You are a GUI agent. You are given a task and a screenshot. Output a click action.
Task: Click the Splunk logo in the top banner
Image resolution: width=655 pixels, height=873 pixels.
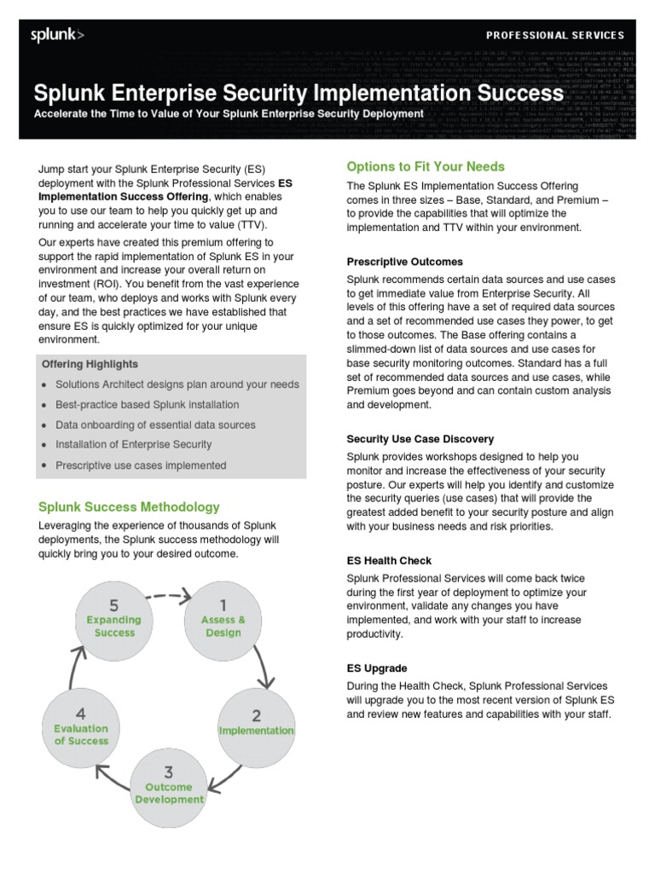pyautogui.click(x=57, y=35)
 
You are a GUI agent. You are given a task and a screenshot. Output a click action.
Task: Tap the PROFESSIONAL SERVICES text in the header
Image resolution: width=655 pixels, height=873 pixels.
pyautogui.click(x=554, y=35)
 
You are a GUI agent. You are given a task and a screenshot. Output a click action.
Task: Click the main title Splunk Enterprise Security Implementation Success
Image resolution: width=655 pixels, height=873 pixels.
pyautogui.click(x=292, y=92)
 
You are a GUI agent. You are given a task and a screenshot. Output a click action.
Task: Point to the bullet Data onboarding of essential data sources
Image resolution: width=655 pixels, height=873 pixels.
pyautogui.click(x=155, y=425)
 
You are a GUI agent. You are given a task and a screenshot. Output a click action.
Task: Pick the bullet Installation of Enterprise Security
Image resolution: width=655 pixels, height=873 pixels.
pyautogui.click(x=133, y=444)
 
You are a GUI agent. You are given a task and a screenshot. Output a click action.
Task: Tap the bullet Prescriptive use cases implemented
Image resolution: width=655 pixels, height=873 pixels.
pyautogui.click(x=141, y=465)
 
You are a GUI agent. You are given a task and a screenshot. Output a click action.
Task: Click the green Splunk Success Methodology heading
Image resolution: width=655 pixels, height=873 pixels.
pyautogui.click(x=129, y=506)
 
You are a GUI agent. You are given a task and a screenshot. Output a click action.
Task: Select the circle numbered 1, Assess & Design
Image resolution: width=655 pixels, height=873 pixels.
pyautogui.click(x=223, y=619)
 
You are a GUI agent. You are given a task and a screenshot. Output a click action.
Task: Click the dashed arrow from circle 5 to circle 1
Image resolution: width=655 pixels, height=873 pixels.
pyautogui.click(x=168, y=594)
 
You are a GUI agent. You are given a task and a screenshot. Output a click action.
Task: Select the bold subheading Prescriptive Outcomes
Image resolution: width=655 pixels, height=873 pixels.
pyautogui.click(x=404, y=262)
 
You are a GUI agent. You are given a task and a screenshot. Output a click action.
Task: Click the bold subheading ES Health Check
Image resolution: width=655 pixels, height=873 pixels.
pyautogui.click(x=389, y=561)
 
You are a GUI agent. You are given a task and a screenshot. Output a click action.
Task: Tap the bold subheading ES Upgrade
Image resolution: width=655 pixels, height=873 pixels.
pyautogui.click(x=377, y=668)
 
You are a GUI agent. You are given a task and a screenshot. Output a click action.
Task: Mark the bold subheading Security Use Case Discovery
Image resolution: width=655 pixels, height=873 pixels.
pyautogui.click(x=420, y=439)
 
